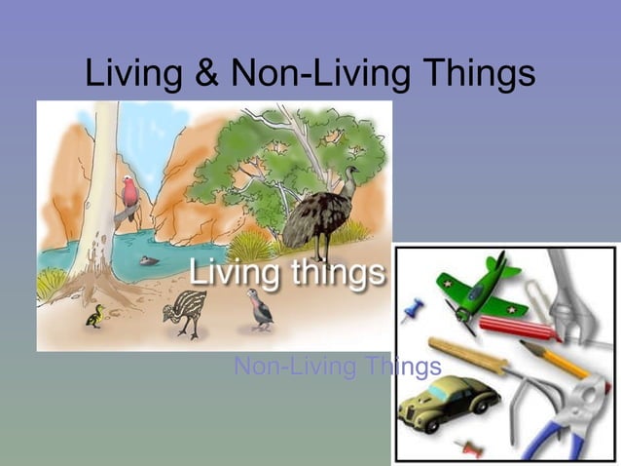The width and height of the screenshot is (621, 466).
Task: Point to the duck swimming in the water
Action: coord(148,260)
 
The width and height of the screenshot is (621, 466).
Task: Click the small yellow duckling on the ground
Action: coord(94,316)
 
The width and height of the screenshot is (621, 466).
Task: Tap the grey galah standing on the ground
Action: coord(259,307)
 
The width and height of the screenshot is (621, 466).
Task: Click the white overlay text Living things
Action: coord(287,272)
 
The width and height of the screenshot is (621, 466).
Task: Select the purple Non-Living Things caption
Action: coord(338,367)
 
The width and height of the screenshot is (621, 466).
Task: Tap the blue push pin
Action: coord(412,311)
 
